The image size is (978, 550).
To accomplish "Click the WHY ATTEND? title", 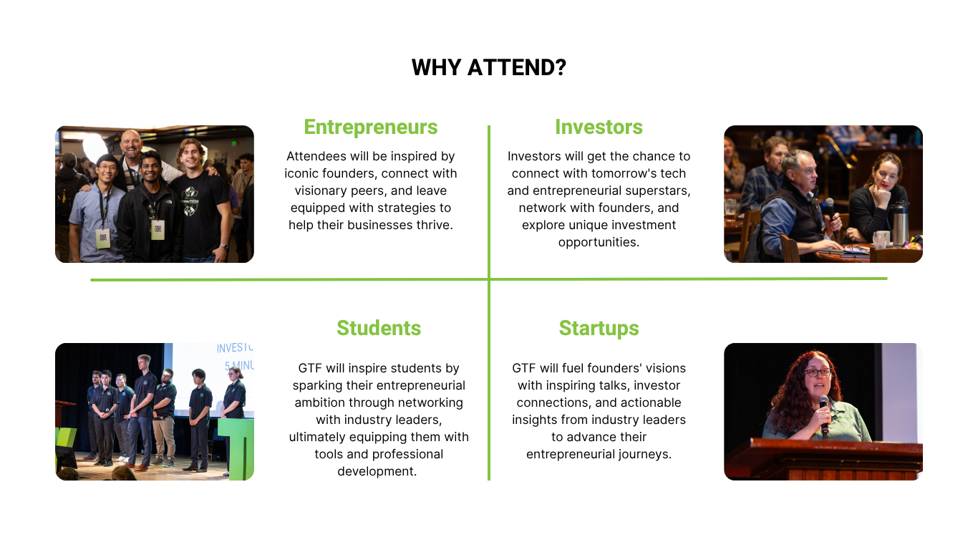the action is [488, 68].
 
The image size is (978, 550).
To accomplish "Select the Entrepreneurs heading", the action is [371, 127].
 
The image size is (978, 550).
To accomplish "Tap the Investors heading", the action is [599, 127].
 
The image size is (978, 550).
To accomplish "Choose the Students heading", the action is [379, 328].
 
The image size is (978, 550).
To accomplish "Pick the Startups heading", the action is [599, 329].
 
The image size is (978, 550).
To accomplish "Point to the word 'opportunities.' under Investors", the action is [599, 243].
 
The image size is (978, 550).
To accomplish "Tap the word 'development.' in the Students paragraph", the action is [377, 471].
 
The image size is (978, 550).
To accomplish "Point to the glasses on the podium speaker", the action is [818, 372].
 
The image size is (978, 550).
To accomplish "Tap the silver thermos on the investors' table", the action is [900, 223].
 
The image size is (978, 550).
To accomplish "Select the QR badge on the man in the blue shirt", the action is [102, 238].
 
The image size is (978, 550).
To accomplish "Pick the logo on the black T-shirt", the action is [190, 201].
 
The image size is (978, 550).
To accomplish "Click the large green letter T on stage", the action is [238, 448].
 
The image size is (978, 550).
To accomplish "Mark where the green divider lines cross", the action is [489, 279].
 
